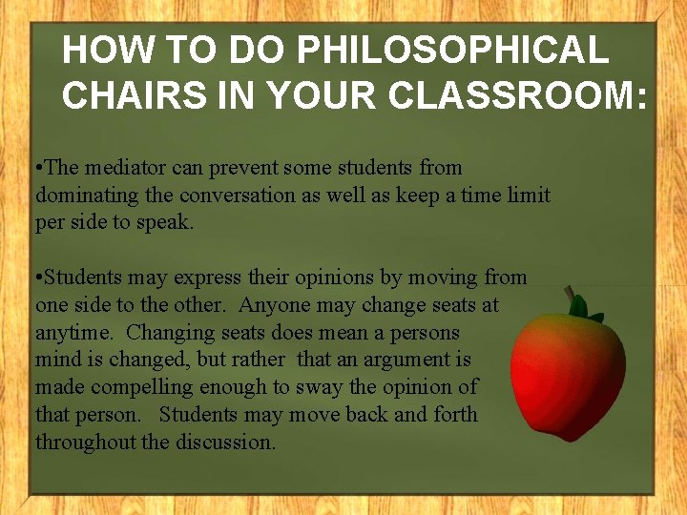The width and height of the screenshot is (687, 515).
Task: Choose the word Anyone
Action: pos(275,306)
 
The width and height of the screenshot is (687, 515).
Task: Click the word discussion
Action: pos(227,443)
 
